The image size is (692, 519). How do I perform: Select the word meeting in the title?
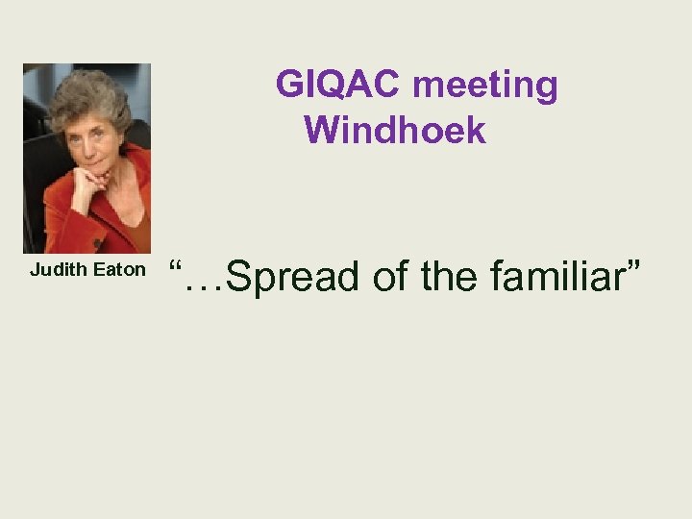[485, 86]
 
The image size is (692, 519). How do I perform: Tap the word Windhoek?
[395, 130]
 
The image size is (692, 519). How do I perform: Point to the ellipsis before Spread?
[207, 288]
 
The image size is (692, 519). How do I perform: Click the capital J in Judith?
[35, 270]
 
